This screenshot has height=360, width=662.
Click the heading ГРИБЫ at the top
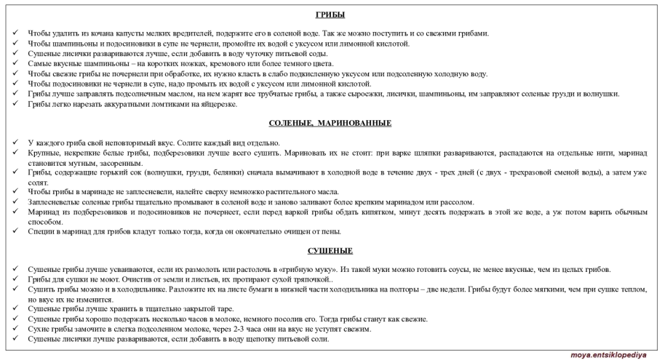pos(330,15)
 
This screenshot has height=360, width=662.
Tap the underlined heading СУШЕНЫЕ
pos(330,251)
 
